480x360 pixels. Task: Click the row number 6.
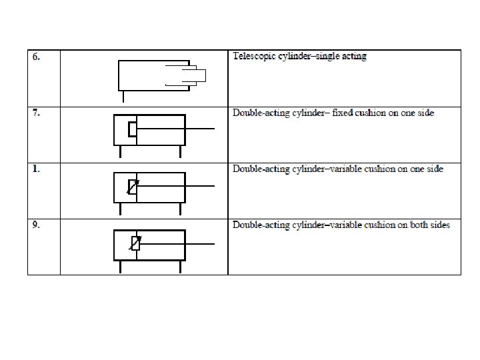click(x=37, y=57)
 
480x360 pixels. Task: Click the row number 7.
click(x=37, y=113)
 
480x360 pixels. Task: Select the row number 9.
click(x=37, y=225)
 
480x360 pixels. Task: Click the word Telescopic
click(x=254, y=57)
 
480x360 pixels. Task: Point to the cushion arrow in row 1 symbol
click(x=133, y=187)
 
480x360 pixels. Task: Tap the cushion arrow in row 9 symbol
click(x=135, y=244)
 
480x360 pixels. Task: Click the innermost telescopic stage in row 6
click(x=198, y=75)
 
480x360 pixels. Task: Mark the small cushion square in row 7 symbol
click(x=132, y=129)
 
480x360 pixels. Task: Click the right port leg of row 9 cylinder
click(x=181, y=267)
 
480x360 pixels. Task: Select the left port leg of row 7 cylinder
click(x=121, y=152)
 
